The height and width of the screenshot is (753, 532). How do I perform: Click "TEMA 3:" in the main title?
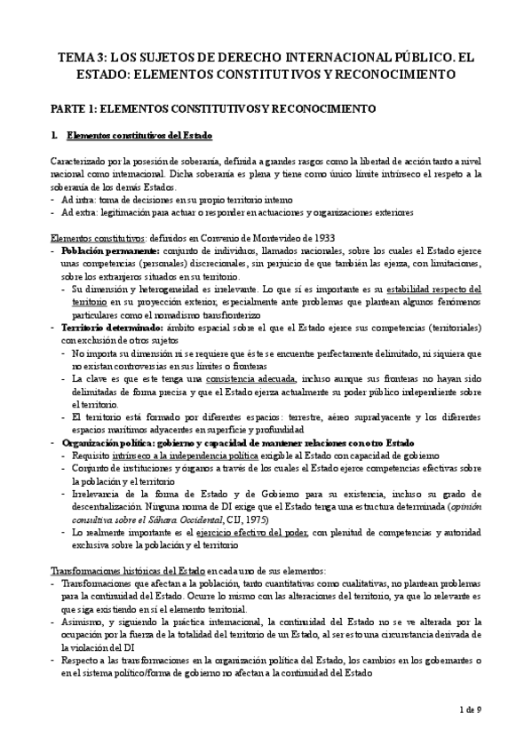[x=82, y=57]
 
